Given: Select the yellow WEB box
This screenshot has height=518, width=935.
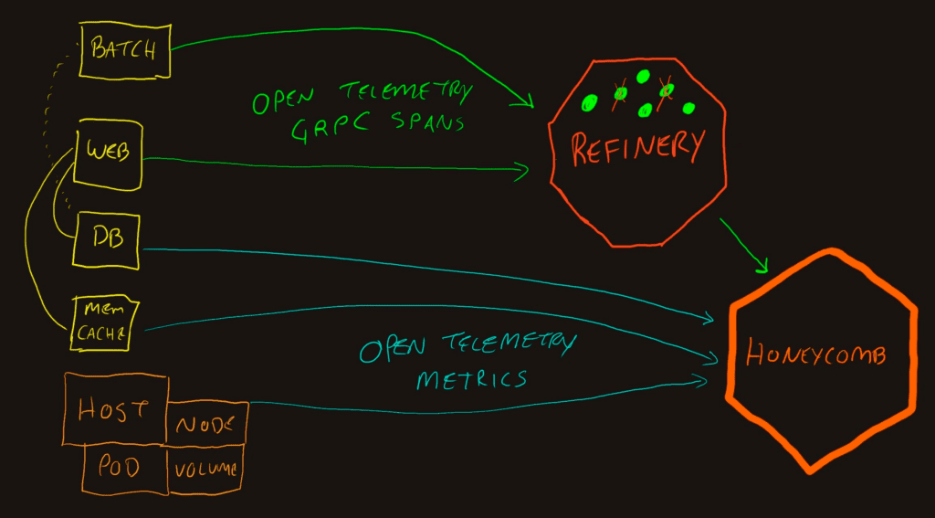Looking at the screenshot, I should tap(108, 152).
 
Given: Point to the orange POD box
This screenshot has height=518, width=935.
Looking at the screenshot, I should tap(121, 468).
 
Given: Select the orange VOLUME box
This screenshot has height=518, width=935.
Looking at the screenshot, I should tap(207, 470).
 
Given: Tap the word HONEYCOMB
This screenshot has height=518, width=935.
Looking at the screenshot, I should tap(815, 354).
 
